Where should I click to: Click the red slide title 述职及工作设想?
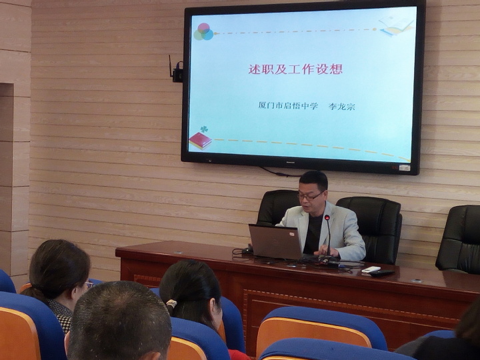tap(295, 69)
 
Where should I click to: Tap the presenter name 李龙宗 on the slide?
tap(341, 107)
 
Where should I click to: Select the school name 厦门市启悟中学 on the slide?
tap(288, 106)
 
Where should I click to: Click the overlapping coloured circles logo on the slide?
tap(203, 32)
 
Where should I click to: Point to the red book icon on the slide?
tap(200, 141)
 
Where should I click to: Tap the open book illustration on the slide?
tap(396, 25)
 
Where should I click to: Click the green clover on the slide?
tap(204, 129)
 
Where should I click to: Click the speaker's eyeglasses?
tap(310, 196)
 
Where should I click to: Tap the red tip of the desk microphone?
tap(327, 217)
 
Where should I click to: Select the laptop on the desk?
tap(275, 242)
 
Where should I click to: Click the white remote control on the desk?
tap(371, 269)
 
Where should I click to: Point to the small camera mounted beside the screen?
tap(177, 72)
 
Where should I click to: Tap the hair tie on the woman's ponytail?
tap(171, 304)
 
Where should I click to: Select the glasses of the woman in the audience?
tap(88, 285)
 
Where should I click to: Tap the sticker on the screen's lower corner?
tap(405, 167)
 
